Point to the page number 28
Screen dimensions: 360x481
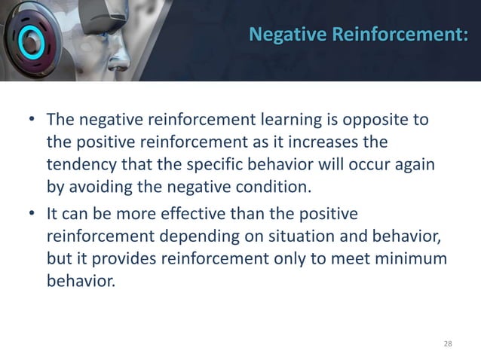pos(448,343)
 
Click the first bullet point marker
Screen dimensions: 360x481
pos(32,121)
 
